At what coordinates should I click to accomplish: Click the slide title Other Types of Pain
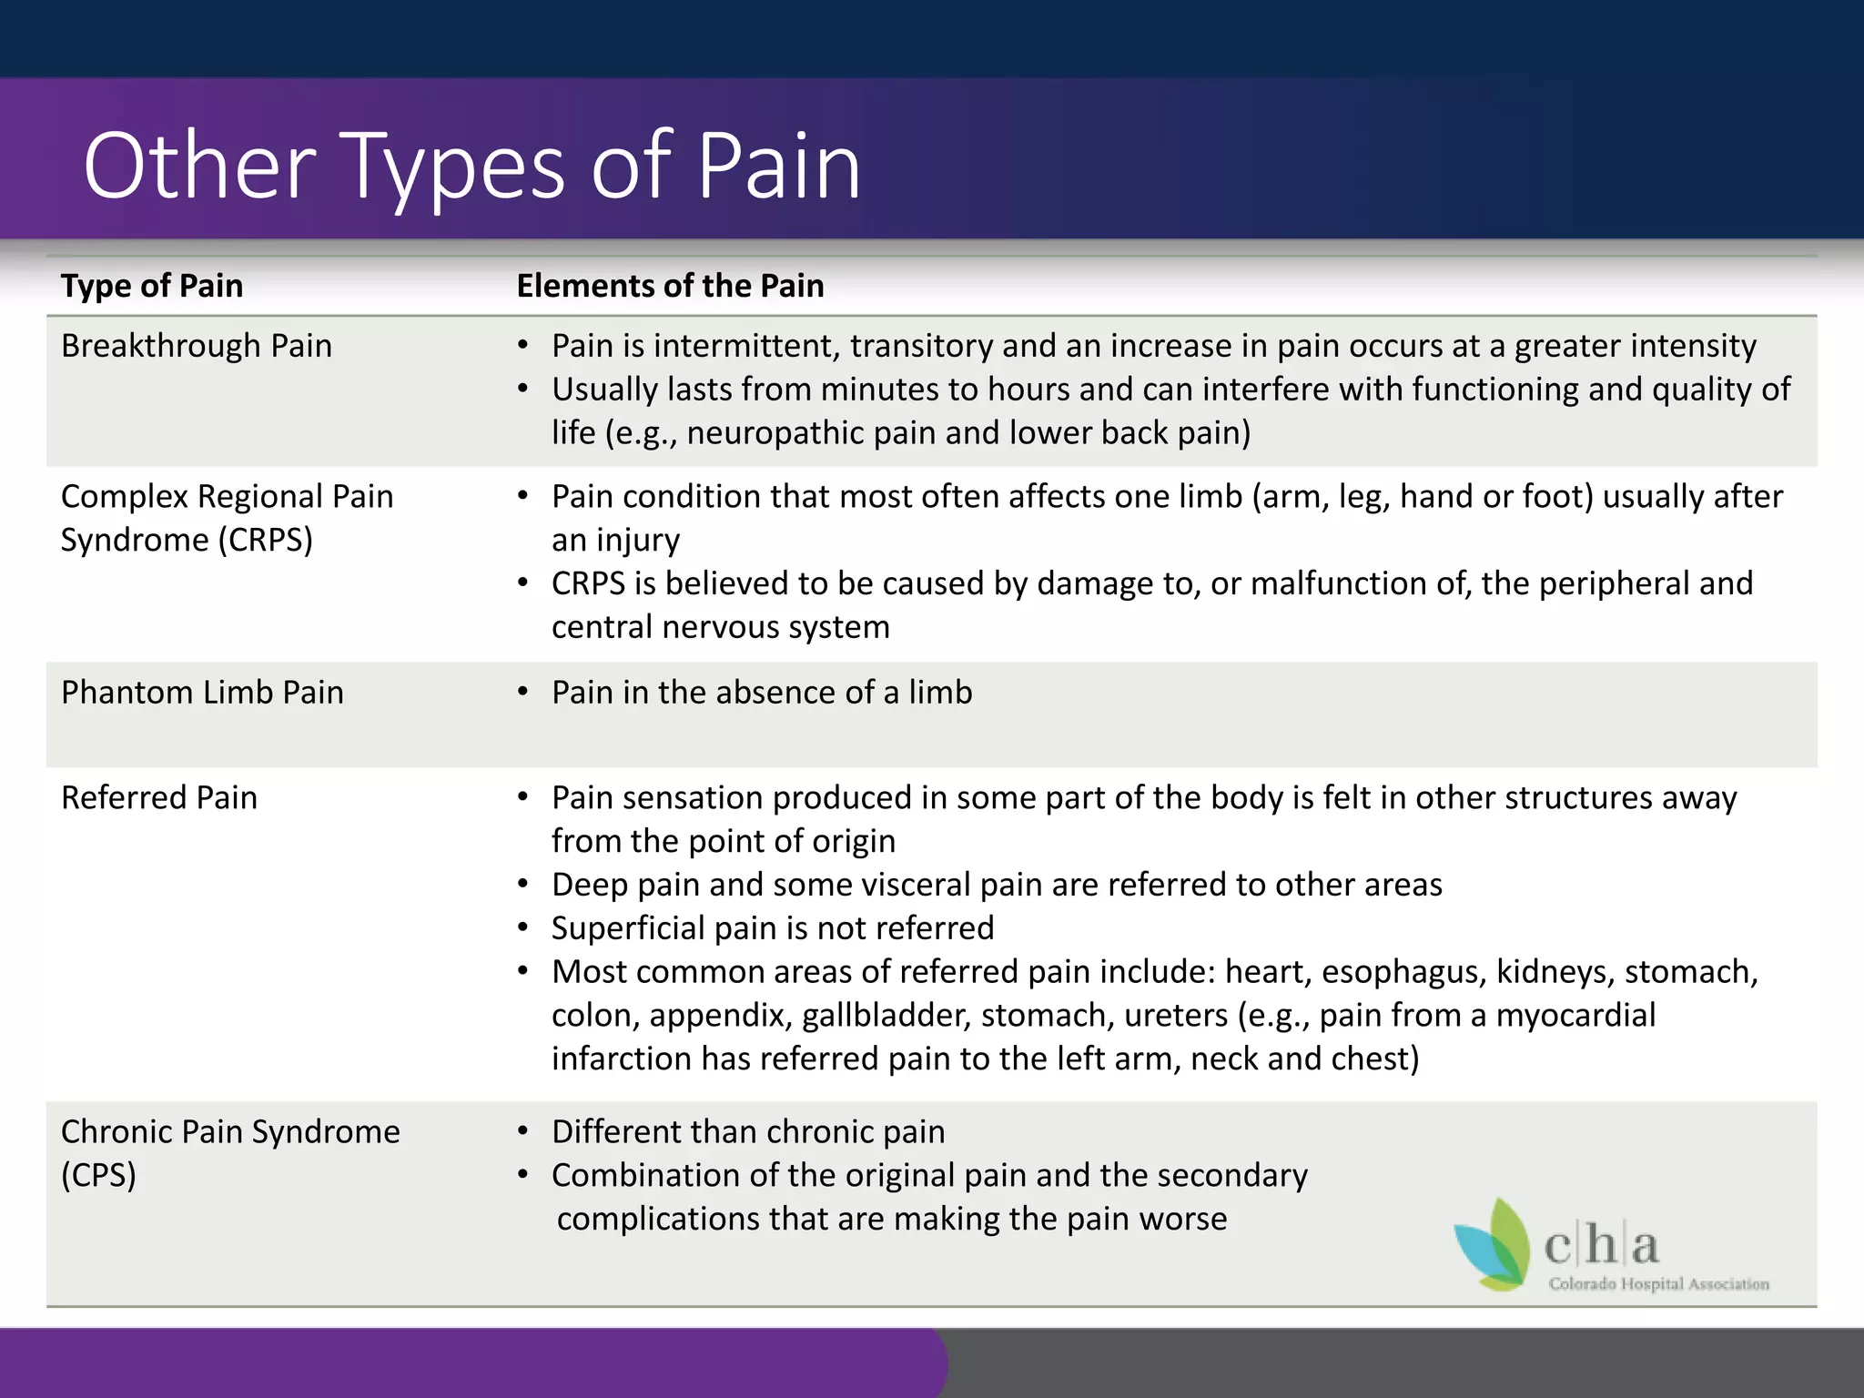click(471, 167)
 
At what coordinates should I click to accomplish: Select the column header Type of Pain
click(152, 286)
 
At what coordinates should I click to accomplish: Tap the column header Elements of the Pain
click(670, 286)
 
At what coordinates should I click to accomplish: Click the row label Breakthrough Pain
click(196, 346)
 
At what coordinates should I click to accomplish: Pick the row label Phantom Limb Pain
click(202, 693)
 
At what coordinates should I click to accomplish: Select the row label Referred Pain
click(159, 797)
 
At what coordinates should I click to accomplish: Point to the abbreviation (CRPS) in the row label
click(265, 541)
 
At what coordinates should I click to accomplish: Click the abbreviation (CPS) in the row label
click(98, 1175)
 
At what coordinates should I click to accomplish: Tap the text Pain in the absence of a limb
click(762, 693)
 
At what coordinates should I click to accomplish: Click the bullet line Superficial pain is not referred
click(773, 928)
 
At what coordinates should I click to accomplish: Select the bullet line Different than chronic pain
click(748, 1132)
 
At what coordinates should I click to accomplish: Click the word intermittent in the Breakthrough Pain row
click(745, 346)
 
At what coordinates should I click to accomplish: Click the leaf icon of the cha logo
click(1493, 1245)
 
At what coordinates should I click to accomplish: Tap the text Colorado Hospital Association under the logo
click(1658, 1284)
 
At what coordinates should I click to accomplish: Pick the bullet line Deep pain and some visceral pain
click(997, 885)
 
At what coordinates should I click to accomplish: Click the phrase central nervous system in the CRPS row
click(720, 627)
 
